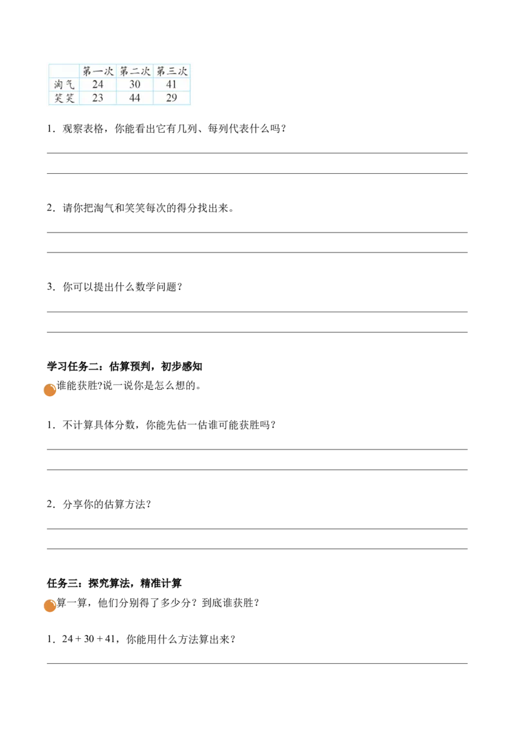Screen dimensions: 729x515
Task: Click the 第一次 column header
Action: click(x=98, y=71)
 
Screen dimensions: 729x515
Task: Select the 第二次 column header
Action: click(x=135, y=71)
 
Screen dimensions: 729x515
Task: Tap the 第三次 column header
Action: click(x=172, y=71)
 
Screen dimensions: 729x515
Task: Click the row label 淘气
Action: click(x=62, y=84)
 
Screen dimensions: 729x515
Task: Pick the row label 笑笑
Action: click(x=62, y=99)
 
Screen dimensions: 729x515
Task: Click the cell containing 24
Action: click(x=98, y=84)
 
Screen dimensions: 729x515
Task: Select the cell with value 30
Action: click(x=135, y=84)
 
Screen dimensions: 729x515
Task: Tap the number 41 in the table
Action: click(x=172, y=84)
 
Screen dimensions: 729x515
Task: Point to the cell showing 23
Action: click(x=98, y=99)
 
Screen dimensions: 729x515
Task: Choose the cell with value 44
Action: click(x=135, y=99)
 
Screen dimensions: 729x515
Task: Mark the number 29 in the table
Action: click(x=172, y=99)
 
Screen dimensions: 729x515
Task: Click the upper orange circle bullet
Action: click(x=49, y=390)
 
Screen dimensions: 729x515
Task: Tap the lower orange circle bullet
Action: click(x=49, y=605)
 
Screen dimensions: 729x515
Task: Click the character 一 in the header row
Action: click(x=98, y=71)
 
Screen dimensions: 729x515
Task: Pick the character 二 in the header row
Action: click(x=135, y=71)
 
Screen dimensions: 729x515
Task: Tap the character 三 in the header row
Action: click(x=172, y=71)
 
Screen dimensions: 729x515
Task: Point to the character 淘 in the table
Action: click(x=57, y=84)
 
